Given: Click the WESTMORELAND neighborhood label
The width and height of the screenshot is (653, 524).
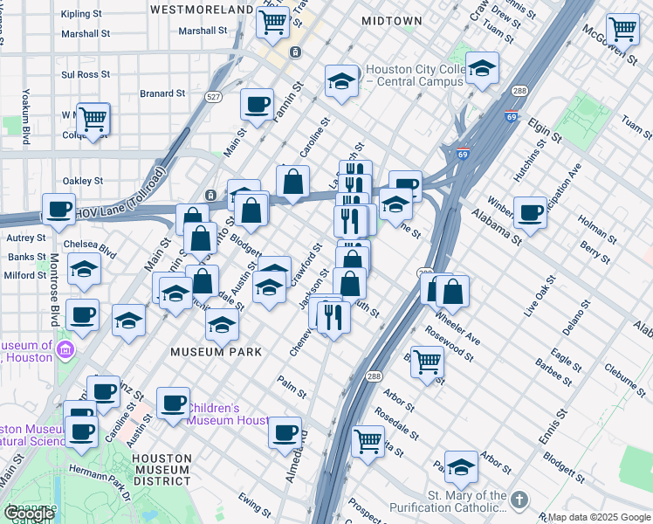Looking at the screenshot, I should click(201, 9).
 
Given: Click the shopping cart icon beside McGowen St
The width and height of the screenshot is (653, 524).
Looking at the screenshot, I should click(622, 30).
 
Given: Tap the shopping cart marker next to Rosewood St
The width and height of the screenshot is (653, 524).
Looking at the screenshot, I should click(427, 361).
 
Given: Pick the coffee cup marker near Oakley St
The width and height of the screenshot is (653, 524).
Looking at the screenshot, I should click(59, 210).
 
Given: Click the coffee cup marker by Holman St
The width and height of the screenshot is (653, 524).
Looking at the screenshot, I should click(530, 211).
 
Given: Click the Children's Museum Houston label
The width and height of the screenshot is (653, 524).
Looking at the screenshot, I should click(228, 414).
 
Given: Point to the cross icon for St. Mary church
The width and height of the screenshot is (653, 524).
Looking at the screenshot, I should click(519, 500).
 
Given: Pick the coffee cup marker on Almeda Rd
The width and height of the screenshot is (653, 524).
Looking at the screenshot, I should click(285, 433).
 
